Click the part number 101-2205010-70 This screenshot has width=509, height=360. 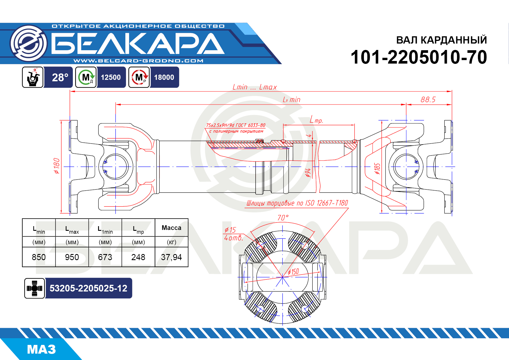tap(418, 57)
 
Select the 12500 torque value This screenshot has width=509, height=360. tap(111, 77)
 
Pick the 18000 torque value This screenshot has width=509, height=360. tap(164, 77)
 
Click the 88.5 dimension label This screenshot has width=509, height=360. tap(428, 100)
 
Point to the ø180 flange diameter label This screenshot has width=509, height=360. tap(57, 166)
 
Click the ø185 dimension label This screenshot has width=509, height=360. tap(377, 168)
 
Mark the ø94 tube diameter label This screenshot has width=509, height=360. tap(308, 173)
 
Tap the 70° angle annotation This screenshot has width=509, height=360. tap(283, 218)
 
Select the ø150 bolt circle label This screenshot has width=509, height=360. tap(293, 272)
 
